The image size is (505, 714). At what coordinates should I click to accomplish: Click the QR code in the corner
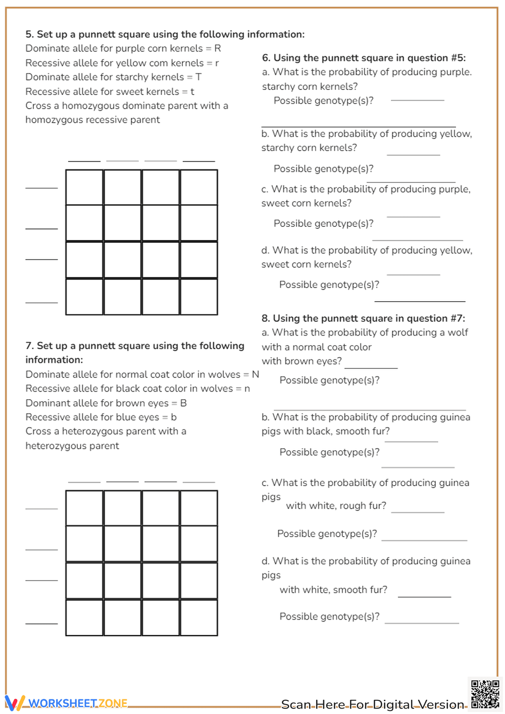[x=485, y=694]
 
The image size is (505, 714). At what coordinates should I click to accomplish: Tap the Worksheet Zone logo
[x=67, y=703]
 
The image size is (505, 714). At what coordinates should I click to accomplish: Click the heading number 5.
[x=29, y=34]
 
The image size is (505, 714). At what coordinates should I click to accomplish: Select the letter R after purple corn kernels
[x=218, y=49]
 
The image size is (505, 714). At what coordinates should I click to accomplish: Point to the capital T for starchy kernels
[x=198, y=77]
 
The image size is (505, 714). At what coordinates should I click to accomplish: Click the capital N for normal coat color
[x=256, y=374]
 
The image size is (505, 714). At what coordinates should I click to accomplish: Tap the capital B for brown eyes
[x=183, y=403]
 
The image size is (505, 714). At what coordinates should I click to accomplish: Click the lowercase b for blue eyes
[x=174, y=417]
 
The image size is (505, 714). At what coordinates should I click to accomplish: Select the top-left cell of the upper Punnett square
[x=84, y=187]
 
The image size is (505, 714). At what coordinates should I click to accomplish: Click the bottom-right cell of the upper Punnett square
[x=199, y=297]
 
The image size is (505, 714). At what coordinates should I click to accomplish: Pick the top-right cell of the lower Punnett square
[x=199, y=508]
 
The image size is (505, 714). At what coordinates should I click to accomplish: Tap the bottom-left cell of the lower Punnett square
[x=84, y=617]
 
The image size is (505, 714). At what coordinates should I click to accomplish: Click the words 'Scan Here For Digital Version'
[x=373, y=704]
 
